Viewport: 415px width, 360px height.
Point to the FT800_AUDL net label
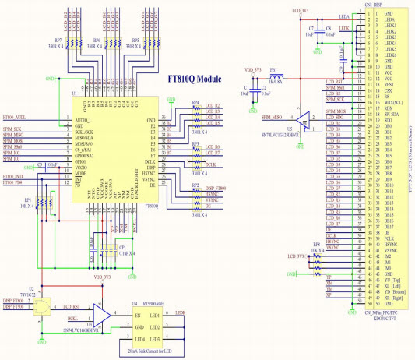click(x=15, y=116)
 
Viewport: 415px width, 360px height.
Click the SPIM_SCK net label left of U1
click(x=13, y=129)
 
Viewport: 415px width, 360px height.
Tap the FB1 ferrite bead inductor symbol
click(x=275, y=76)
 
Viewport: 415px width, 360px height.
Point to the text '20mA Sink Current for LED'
click(x=145, y=350)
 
